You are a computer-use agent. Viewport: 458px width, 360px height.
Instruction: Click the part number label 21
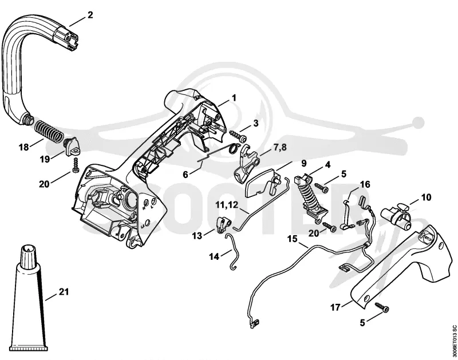click(x=64, y=291)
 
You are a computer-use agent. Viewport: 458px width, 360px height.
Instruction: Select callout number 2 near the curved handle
click(x=90, y=15)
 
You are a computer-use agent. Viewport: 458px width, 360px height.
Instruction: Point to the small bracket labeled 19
click(x=72, y=147)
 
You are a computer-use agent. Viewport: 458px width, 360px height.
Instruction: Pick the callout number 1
click(x=234, y=97)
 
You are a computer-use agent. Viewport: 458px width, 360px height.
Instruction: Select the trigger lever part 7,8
click(x=247, y=164)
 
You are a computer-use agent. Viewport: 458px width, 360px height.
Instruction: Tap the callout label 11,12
click(x=227, y=204)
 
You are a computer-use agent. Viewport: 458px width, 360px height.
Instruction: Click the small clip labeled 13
click(x=223, y=224)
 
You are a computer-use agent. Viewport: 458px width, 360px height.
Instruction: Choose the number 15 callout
click(x=293, y=239)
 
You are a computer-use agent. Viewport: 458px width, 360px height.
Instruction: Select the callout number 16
click(x=365, y=184)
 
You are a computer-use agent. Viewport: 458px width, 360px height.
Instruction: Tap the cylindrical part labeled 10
click(x=396, y=218)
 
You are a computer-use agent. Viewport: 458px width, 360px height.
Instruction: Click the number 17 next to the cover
click(x=335, y=307)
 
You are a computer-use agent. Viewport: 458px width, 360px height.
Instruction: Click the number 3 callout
click(x=256, y=123)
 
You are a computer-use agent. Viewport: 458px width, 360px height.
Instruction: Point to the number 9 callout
click(x=304, y=163)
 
